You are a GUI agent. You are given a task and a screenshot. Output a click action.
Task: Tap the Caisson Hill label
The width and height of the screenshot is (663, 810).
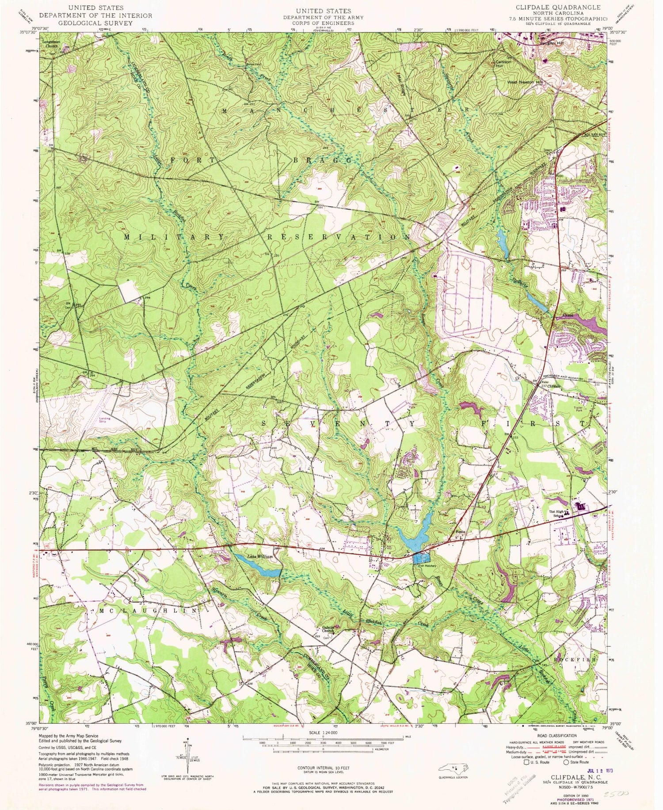[x=503, y=64]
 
